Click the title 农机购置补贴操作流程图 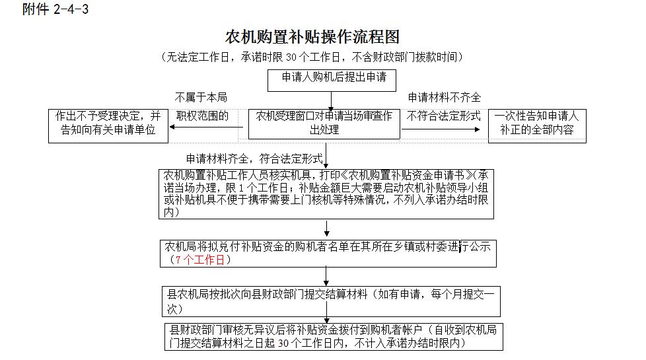312,36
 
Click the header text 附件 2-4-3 55,9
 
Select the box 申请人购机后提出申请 332,79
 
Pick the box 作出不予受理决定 108,124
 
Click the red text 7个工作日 201,260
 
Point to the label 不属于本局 201,98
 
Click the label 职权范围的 201,116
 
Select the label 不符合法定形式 443,116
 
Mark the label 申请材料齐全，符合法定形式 254,159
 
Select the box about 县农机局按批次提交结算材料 332,301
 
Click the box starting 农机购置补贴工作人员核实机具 326,194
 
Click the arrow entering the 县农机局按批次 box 326,276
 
